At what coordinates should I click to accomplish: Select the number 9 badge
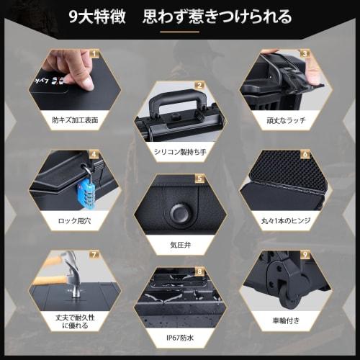click(x=305, y=253)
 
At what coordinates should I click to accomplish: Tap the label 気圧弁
click(x=179, y=244)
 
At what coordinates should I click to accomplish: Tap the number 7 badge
click(x=94, y=253)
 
